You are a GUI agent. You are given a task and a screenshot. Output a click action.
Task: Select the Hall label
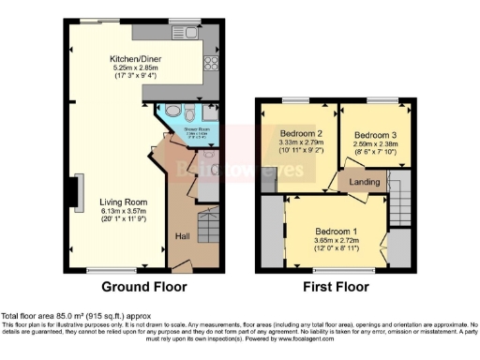coord(183,236)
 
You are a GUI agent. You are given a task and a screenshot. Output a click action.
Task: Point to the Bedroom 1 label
coord(335,231)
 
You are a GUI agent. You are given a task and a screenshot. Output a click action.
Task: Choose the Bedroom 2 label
coord(299,133)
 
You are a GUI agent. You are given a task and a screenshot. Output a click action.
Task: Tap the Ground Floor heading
coord(143,287)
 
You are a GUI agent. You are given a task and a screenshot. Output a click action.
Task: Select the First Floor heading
coord(335,287)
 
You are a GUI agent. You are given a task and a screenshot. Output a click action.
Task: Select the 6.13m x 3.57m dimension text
coord(125,211)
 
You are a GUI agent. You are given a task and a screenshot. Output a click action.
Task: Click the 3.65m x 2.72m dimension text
coord(335,240)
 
